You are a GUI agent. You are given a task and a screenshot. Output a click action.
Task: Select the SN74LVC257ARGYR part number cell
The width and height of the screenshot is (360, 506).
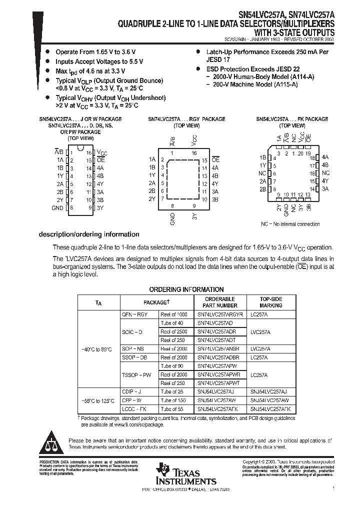pos(220,314)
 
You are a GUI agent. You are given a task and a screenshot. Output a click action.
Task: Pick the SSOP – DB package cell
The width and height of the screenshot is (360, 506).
pos(134,357)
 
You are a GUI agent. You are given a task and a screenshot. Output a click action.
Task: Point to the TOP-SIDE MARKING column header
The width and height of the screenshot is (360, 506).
pos(270,302)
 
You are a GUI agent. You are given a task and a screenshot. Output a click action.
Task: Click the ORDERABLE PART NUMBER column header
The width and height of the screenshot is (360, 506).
pos(220,302)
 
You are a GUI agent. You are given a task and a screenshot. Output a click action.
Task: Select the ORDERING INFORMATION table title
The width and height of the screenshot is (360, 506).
pos(186,289)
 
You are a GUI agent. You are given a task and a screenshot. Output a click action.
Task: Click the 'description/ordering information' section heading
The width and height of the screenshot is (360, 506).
pos(89,234)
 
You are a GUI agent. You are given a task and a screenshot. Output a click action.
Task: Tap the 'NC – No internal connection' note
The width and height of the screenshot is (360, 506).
pos(290,224)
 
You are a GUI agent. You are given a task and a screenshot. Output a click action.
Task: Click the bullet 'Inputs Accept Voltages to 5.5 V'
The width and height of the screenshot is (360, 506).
pos(99,61)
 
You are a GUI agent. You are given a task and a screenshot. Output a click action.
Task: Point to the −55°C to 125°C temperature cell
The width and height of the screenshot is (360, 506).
pos(97,400)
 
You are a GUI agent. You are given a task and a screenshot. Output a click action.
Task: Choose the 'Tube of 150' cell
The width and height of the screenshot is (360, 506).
pos(173,400)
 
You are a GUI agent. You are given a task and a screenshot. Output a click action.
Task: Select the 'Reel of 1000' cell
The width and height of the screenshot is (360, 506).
pos(174,314)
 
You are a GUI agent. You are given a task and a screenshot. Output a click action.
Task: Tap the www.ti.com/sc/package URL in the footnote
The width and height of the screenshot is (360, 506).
pos(136,424)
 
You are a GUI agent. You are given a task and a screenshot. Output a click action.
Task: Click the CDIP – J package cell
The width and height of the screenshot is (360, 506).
pos(131,391)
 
